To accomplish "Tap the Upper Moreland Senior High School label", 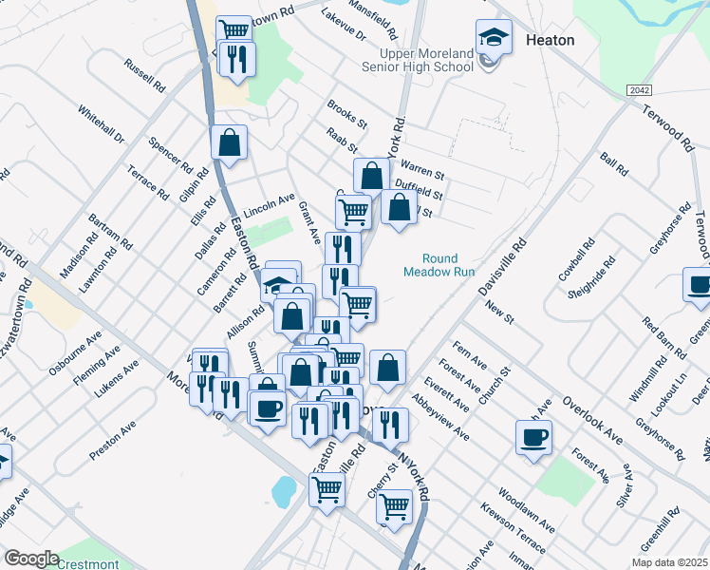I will pyautogui.click(x=419, y=61).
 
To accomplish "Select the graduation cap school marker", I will pyautogui.click(x=492, y=38).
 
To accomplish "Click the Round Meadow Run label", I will pyautogui.click(x=440, y=264).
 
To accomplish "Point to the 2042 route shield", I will pyautogui.click(x=639, y=89).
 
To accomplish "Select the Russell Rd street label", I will pyautogui.click(x=144, y=75).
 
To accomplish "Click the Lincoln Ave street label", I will pyautogui.click(x=270, y=203).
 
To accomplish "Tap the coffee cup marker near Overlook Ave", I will pyautogui.click(x=533, y=437).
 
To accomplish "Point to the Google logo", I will pyautogui.click(x=31, y=559).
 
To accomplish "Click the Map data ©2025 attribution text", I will pyautogui.click(x=669, y=562).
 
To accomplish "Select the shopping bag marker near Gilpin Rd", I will pyautogui.click(x=229, y=143).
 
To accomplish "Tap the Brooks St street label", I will pyautogui.click(x=346, y=114).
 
